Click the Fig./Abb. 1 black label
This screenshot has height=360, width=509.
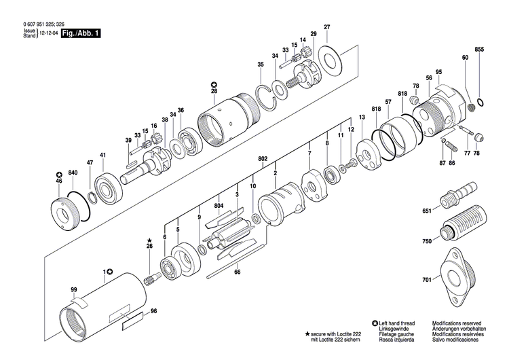[80, 33]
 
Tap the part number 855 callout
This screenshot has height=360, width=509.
[479, 50]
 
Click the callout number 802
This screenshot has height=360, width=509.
[263, 158]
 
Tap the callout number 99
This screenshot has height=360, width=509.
[73, 290]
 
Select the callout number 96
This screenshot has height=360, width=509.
[153, 311]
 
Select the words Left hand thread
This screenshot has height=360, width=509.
[398, 323]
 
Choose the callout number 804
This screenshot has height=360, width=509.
[219, 206]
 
